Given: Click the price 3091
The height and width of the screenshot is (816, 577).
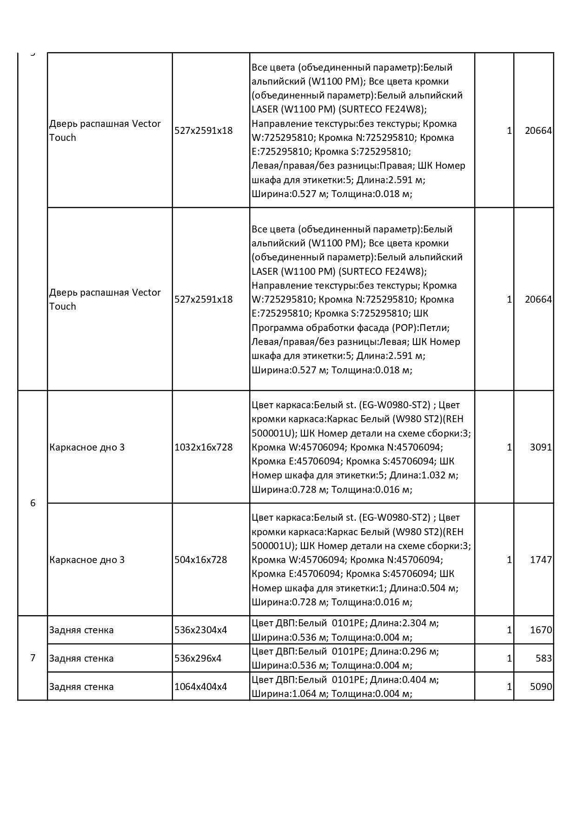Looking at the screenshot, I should point(541,447).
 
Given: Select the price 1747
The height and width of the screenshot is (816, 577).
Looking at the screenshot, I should point(541,560).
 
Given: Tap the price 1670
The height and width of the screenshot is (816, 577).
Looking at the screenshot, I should point(541,630).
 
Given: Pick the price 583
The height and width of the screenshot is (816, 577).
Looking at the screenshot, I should point(544,658).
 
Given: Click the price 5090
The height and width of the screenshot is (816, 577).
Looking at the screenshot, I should point(541,687).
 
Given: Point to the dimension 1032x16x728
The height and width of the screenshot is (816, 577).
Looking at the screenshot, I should point(203,447).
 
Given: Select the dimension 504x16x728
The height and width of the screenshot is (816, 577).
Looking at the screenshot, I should point(200,560).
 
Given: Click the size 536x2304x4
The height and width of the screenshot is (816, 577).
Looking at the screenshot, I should point(200,630).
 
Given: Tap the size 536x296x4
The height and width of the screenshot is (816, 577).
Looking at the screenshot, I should point(198,658).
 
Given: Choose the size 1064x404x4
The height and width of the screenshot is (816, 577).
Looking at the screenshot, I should point(200,687).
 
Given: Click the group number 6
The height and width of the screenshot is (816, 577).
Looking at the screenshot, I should point(33,503).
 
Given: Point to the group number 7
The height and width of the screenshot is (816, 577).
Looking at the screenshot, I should point(33,658).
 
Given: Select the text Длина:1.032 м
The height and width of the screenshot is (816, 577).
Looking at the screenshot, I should point(424,476).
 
